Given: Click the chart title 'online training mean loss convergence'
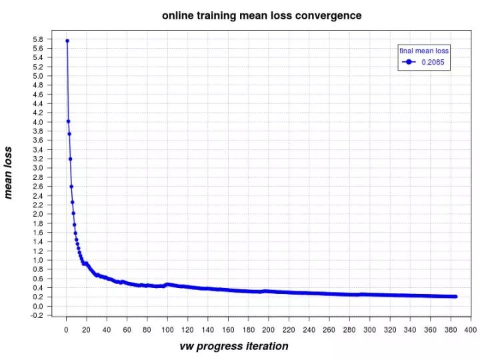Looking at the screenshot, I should tap(261, 15).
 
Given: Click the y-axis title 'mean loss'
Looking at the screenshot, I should tap(9, 173).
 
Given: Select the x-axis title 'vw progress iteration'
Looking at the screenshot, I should tap(234, 346).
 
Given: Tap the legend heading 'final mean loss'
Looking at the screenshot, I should tap(424, 51).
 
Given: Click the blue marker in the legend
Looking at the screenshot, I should tap(409, 62).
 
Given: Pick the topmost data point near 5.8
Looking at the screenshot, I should tap(67, 41).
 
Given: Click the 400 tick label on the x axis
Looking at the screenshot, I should tap(470, 330).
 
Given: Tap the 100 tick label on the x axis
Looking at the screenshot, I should tap(167, 330).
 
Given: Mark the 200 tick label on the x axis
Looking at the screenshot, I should tap(268, 330).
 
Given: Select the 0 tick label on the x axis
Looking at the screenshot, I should tap(66, 330).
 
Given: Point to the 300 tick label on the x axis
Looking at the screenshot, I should tap(369, 330).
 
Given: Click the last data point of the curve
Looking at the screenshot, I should tap(455, 296).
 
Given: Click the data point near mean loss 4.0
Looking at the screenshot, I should tap(68, 121).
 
